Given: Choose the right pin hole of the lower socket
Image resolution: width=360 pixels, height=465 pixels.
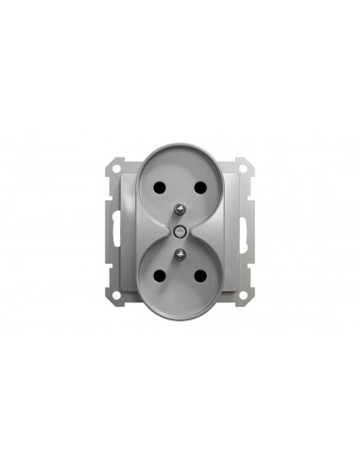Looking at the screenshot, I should tap(200, 275).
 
